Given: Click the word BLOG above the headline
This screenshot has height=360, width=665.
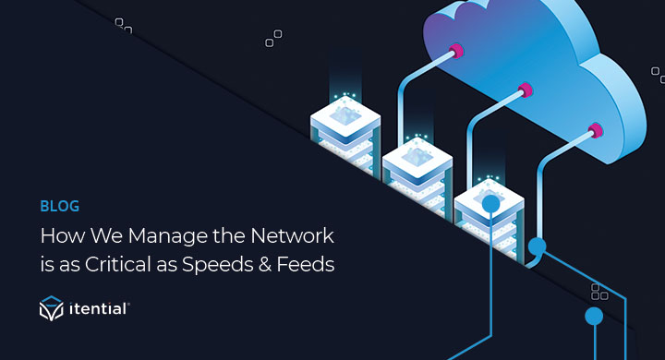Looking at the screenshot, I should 58,206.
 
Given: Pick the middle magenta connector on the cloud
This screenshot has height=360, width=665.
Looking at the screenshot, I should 525,90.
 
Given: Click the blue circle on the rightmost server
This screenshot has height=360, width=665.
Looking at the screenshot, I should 490,203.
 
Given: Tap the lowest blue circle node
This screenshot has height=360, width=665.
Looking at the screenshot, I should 594,317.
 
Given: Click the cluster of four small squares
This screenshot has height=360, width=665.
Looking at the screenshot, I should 598,293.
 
